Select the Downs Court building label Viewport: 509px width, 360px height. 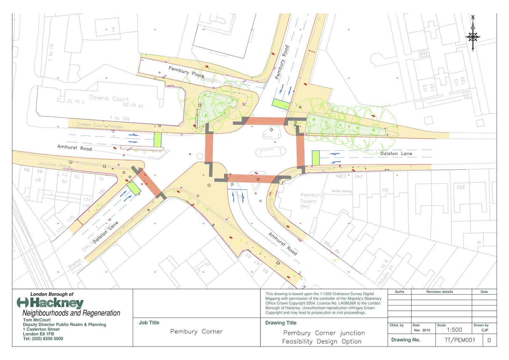click(x=109, y=98)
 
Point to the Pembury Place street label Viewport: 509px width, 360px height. click(x=186, y=72)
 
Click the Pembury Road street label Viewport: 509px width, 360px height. click(x=282, y=62)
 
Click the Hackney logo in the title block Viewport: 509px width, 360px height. click(x=51, y=303)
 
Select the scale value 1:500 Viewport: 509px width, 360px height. click(x=454, y=330)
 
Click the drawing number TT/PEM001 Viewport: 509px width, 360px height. click(x=460, y=340)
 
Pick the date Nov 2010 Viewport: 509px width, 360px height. click(x=422, y=330)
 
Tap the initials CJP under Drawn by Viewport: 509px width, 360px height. click(x=485, y=330)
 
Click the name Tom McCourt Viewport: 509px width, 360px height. click(x=37, y=320)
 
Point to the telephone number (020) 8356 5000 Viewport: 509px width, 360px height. click(x=43, y=339)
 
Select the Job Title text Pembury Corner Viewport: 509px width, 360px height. click(x=196, y=332)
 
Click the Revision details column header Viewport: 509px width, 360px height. click(x=440, y=292)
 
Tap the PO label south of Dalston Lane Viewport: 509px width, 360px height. click(x=385, y=190)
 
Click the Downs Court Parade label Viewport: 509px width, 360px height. click(x=100, y=125)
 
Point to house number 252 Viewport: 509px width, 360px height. click(x=461, y=187)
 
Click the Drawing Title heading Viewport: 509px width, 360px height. click(x=281, y=323)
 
